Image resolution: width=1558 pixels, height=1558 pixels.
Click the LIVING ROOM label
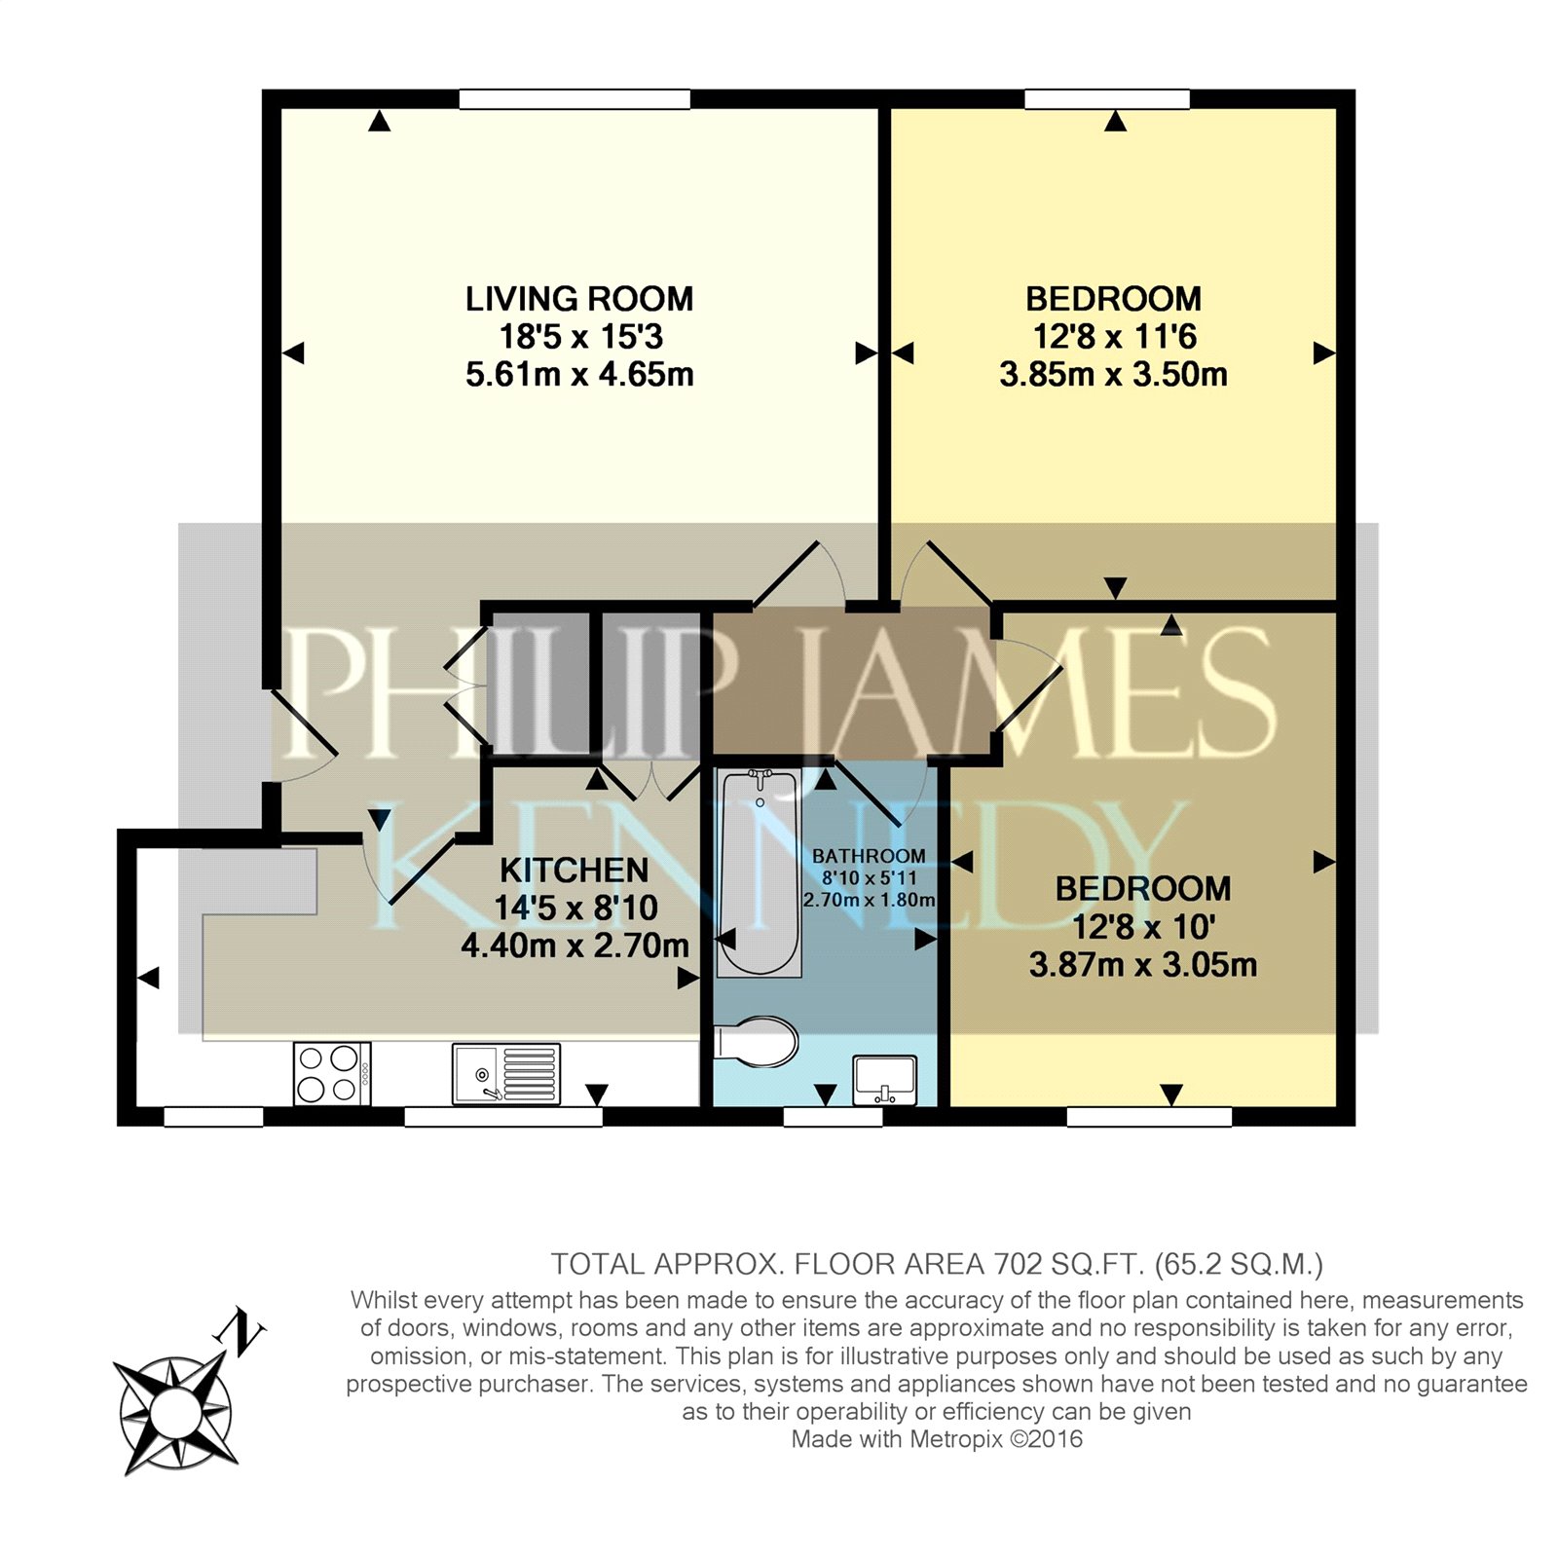[579, 299]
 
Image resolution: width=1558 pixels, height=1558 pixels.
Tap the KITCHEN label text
[575, 870]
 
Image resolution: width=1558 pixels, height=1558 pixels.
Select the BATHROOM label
[869, 856]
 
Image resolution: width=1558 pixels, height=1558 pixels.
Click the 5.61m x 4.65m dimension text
[579, 375]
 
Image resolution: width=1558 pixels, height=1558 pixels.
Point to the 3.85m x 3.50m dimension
[1114, 375]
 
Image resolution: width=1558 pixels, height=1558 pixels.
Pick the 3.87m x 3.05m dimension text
[1143, 965]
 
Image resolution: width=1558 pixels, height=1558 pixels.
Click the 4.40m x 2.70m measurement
[575, 946]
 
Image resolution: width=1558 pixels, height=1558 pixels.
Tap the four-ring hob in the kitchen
[332, 1073]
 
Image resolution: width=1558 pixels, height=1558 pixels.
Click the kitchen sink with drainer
[506, 1073]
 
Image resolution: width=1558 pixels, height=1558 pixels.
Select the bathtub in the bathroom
[760, 872]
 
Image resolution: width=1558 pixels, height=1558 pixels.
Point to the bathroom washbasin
[884, 1081]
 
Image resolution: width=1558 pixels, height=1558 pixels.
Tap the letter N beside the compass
[243, 1331]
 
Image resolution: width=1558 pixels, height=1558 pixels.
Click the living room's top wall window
[575, 98]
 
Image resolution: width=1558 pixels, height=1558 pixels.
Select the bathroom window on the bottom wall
[833, 1117]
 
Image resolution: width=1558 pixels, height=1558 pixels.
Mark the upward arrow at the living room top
[380, 121]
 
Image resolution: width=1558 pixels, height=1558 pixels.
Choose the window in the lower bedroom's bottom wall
[1149, 1117]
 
